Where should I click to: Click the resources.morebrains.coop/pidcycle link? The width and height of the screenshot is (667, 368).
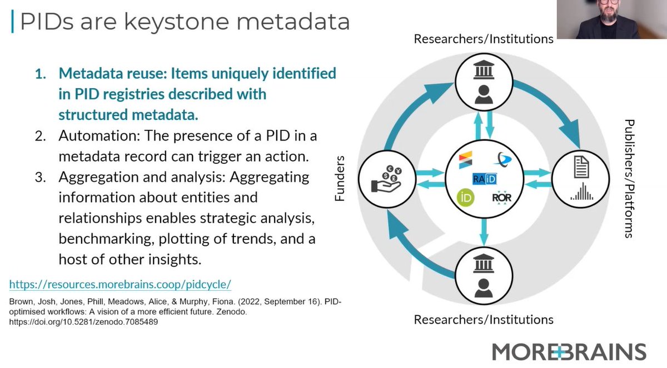tap(120, 284)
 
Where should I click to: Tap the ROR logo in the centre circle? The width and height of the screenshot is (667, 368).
tap(502, 197)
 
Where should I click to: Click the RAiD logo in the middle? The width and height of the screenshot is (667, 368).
tap(484, 179)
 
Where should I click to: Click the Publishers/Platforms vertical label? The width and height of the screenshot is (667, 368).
tap(629, 178)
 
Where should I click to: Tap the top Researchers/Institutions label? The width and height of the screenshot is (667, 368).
tap(483, 39)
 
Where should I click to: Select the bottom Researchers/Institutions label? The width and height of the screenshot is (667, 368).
tap(483, 320)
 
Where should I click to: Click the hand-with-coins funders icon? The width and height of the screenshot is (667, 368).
tap(386, 178)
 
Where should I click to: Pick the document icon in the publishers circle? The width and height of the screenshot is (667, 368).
tap(580, 165)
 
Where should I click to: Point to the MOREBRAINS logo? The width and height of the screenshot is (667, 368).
tap(569, 351)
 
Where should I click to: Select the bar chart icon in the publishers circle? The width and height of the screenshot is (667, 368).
tap(580, 191)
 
